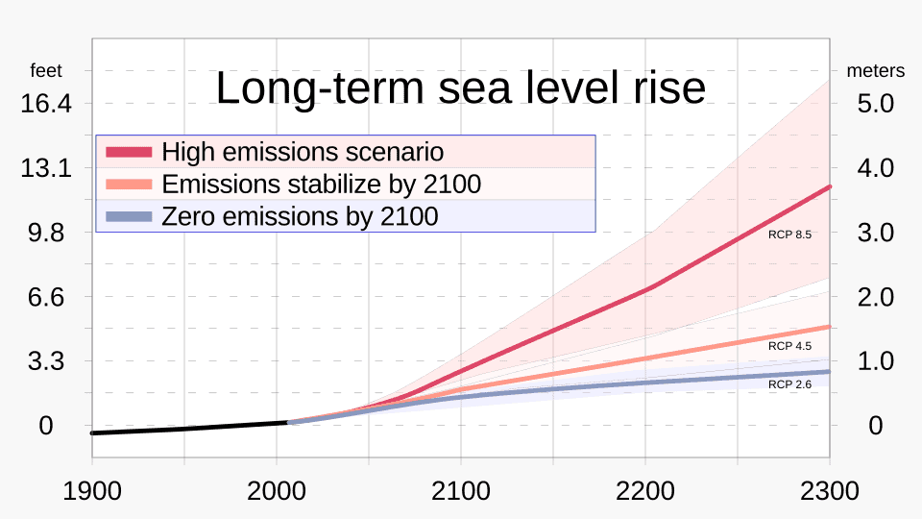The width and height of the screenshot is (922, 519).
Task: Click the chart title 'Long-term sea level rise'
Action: (460, 88)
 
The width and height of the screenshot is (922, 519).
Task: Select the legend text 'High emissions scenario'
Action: (303, 152)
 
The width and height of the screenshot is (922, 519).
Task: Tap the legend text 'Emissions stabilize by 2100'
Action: (321, 184)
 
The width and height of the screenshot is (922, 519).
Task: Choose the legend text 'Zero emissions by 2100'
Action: (300, 216)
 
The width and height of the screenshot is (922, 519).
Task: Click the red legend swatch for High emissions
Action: (128, 152)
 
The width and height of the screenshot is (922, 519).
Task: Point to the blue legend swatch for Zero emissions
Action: (128, 216)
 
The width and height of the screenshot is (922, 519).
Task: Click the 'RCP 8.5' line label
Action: (790, 234)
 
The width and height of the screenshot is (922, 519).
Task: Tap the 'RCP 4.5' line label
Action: (790, 345)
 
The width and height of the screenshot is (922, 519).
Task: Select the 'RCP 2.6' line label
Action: (790, 383)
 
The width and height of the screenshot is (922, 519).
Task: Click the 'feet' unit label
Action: (46, 71)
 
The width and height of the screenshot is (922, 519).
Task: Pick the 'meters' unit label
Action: (875, 71)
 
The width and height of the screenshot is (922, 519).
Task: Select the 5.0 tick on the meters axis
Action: (875, 103)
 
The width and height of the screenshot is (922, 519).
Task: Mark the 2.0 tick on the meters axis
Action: (875, 297)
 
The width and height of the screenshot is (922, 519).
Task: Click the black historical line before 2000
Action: (182, 429)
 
